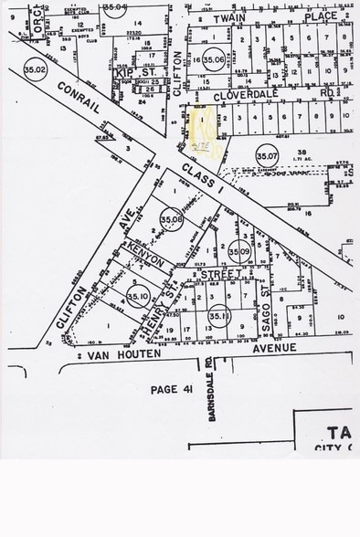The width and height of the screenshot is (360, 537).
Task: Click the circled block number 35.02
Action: [36, 68]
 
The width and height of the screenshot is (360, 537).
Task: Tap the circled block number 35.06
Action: [214, 60]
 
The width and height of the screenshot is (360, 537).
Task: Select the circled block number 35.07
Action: [266, 154]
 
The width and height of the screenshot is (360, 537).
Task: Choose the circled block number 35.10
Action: [138, 296]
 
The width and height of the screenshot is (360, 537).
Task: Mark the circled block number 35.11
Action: [217, 317]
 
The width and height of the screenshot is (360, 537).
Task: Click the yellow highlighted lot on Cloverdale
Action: [206, 121]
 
